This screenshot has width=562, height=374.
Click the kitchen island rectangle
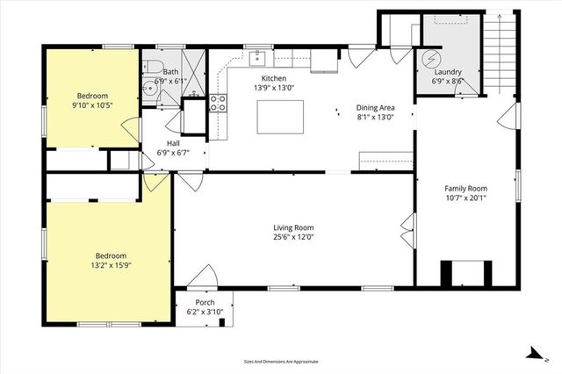pos(280,117)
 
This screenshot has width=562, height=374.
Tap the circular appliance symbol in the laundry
pos(431,59)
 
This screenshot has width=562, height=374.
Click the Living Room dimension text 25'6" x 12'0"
pos(292,236)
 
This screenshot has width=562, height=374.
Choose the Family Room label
pos(465,188)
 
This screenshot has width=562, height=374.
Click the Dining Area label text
pos(375,106)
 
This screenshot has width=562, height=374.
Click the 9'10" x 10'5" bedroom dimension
pos(90,104)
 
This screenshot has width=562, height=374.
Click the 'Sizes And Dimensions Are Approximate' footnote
pos(281,361)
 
